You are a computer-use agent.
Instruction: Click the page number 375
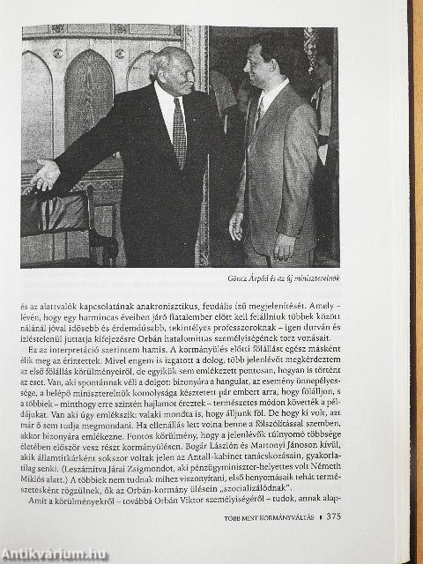(x=329, y=516)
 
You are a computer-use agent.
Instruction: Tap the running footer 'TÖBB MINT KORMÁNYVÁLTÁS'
(x=261, y=516)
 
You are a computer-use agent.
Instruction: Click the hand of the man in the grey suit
(x=236, y=226)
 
